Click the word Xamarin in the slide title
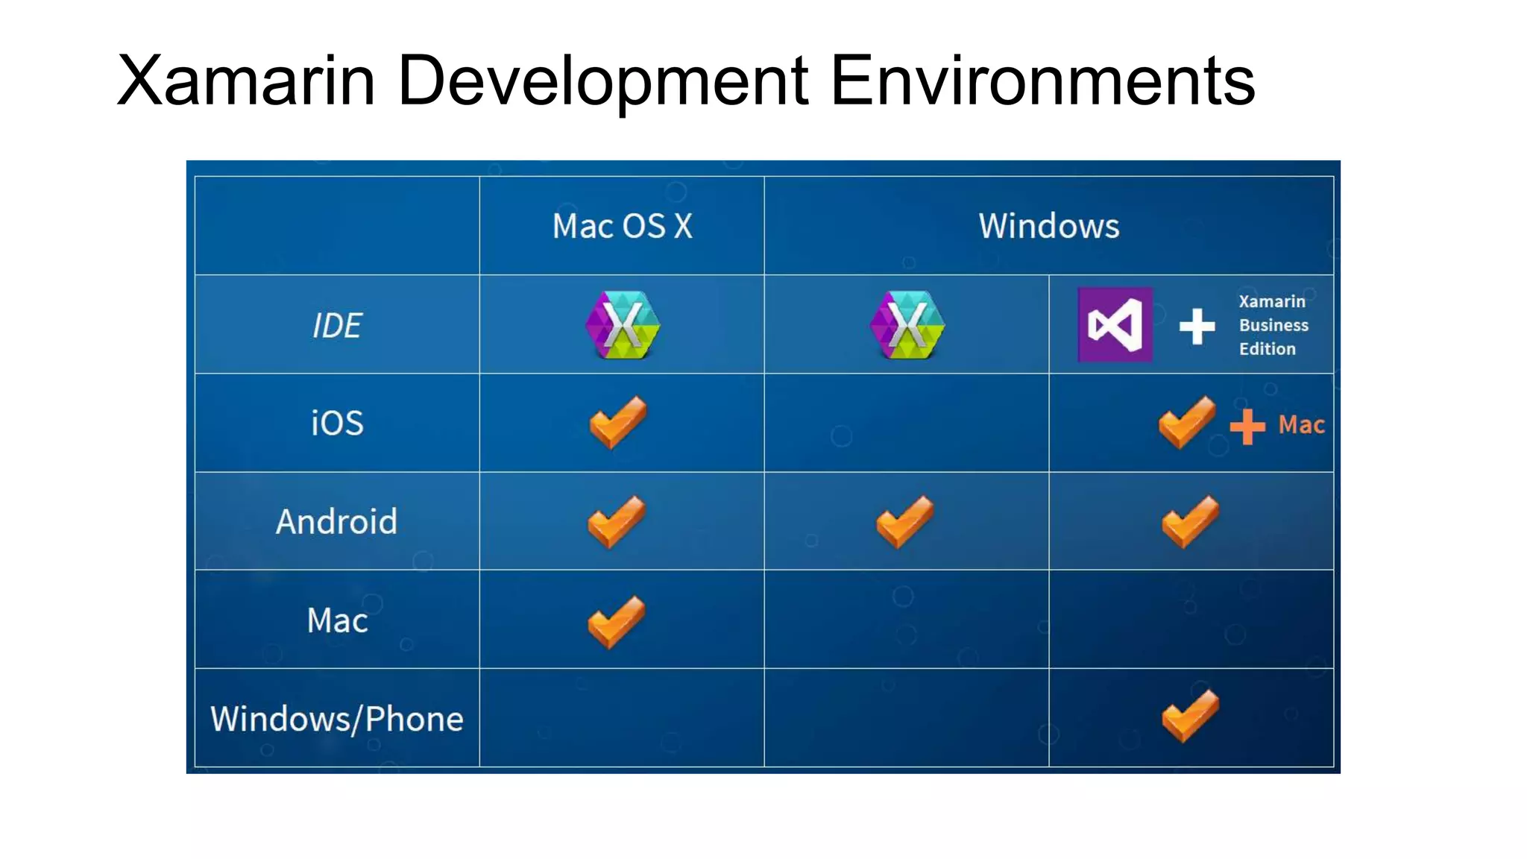(246, 81)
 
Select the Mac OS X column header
(622, 226)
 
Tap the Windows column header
(1048, 226)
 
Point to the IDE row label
(337, 325)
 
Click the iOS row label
(337, 424)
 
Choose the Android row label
(337, 522)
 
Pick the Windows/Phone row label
(337, 719)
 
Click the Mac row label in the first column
(337, 620)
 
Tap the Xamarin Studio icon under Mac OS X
(623, 325)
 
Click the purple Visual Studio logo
(1115, 325)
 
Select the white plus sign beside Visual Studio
(1197, 327)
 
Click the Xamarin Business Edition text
(1273, 325)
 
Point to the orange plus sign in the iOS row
(1247, 427)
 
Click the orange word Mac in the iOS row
(1301, 425)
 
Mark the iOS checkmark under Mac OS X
(618, 422)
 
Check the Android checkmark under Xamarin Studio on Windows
(904, 521)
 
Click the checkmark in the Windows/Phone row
(1190, 716)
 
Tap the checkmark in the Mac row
(617, 621)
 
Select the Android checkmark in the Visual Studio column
(1190, 521)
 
